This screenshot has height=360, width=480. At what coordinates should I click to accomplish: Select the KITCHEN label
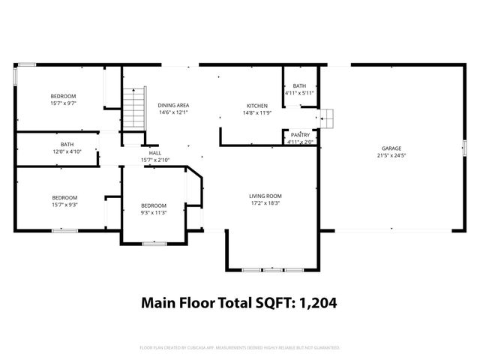[x=258, y=106]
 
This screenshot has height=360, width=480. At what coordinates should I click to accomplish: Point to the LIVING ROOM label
[x=265, y=196]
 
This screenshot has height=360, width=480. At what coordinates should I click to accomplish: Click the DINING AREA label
[x=172, y=106]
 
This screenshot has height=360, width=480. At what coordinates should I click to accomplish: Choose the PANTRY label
[x=300, y=134]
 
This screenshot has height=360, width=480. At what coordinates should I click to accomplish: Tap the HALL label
[x=155, y=152]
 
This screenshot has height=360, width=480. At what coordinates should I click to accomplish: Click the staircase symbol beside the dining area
[x=133, y=106]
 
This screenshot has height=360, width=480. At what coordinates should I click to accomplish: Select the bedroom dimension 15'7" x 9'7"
[x=64, y=103]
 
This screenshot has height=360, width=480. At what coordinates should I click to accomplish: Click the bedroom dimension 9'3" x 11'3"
[x=154, y=212]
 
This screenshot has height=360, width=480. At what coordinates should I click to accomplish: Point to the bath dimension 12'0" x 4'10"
[x=67, y=151]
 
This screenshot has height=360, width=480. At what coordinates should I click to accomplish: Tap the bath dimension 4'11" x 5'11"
[x=300, y=94]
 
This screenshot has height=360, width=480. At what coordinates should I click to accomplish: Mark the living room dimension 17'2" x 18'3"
[x=265, y=204]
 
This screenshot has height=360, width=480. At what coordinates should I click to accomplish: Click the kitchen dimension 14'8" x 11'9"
[x=258, y=113]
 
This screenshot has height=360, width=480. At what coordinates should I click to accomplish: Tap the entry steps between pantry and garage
[x=328, y=118]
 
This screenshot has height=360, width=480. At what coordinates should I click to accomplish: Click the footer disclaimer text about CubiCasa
[x=240, y=348]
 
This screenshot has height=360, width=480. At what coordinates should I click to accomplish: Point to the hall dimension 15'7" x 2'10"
[x=155, y=160]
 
